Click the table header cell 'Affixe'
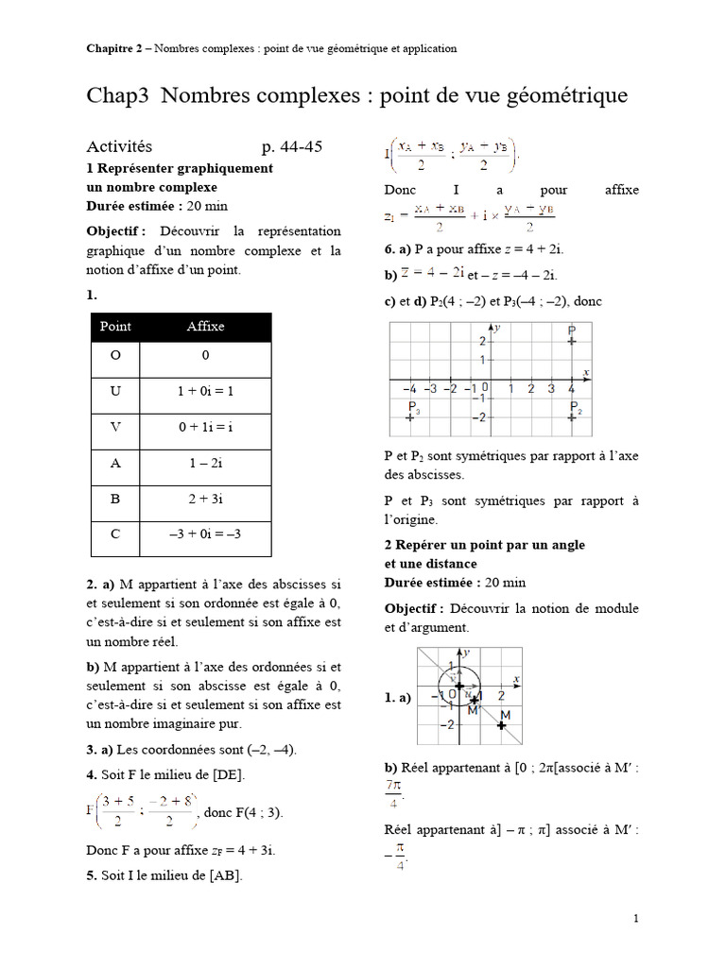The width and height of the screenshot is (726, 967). (x=205, y=327)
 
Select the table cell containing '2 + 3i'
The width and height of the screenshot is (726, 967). (x=205, y=499)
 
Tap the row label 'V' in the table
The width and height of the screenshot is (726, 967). (x=115, y=427)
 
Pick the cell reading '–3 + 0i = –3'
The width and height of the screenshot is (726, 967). (x=205, y=534)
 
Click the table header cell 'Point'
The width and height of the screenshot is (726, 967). (x=115, y=327)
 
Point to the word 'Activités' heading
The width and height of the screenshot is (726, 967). (x=119, y=146)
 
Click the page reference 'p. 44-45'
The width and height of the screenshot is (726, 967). (x=292, y=146)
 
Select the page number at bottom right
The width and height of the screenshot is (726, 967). (x=636, y=918)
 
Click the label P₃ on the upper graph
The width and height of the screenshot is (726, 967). (x=413, y=408)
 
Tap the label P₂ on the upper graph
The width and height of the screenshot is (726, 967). (x=574, y=408)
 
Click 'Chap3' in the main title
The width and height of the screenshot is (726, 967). (x=119, y=96)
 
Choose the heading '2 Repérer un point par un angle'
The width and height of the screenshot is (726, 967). (x=484, y=545)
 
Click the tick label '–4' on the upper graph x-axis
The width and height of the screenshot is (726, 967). (x=408, y=388)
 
